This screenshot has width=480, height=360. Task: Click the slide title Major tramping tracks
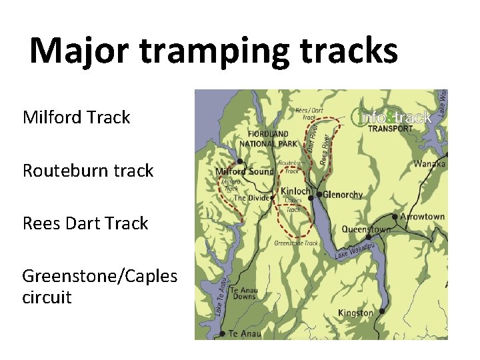[213, 51]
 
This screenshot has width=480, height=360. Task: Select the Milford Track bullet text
[76, 118]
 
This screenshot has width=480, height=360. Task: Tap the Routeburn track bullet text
[88, 171]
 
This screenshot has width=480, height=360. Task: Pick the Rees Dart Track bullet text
[85, 223]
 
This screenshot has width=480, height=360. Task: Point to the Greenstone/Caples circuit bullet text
[100, 286]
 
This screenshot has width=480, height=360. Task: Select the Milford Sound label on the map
[245, 172]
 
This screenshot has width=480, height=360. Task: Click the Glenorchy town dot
[319, 195]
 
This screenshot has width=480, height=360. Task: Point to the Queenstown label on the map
[366, 229]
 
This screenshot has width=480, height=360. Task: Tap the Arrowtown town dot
[395, 217]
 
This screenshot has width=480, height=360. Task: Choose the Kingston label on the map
[355, 313]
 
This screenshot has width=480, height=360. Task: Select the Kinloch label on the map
[295, 191]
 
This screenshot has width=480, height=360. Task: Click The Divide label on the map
[251, 198]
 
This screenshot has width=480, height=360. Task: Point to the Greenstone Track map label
[296, 243]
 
